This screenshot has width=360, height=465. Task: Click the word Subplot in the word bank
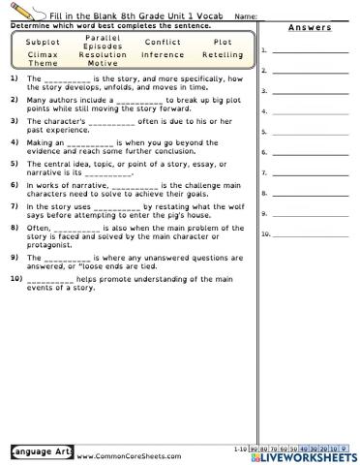pos(43,43)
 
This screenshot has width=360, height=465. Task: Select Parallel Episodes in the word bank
pos(103,42)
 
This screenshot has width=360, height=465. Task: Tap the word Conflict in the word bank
pos(162,43)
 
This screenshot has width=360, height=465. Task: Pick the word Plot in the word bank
pos(222,43)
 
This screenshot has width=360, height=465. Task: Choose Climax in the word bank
pos(43,55)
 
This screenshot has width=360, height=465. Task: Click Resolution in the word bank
pos(103,55)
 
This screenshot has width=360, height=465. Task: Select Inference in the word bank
pos(162,55)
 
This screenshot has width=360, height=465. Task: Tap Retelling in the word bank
pos(222,55)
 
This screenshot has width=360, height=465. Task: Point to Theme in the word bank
pos(43,63)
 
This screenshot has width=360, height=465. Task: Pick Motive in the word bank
pos(103,63)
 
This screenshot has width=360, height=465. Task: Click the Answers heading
pos(310,27)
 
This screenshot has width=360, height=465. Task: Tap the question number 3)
pos(15,121)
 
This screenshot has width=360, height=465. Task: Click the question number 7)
pos(15,206)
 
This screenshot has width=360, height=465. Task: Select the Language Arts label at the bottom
pos(37,451)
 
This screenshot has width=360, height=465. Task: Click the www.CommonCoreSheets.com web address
pos(128,454)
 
